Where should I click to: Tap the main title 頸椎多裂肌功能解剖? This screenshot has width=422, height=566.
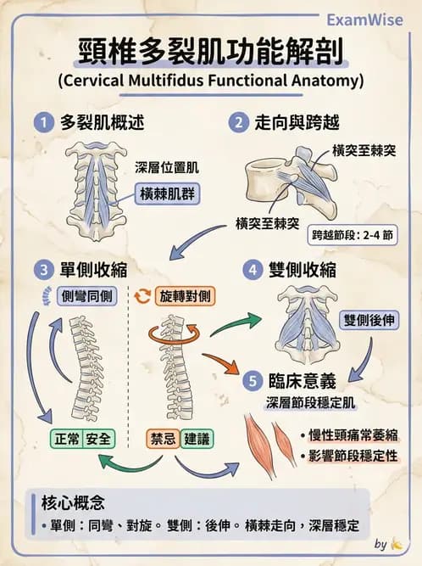(210, 52)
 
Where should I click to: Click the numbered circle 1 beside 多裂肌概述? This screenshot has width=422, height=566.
(42, 122)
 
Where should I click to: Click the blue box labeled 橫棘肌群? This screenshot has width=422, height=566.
(167, 193)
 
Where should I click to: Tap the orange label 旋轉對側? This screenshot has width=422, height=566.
(185, 297)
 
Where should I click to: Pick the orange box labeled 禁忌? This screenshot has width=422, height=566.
(162, 439)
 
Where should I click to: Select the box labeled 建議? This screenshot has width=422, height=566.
(197, 439)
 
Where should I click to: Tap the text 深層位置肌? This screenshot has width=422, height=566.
(166, 167)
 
